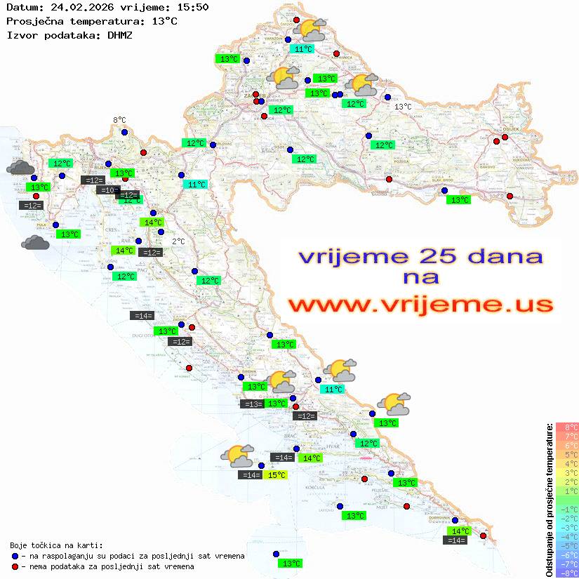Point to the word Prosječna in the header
click(33, 21)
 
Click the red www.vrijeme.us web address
click(420, 305)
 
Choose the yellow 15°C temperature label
click(277, 475)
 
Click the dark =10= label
click(107, 190)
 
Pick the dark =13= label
click(251, 404)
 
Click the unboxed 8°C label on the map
click(119, 121)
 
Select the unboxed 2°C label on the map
click(178, 241)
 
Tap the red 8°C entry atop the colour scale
click(566, 427)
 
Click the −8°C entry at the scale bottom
click(566, 573)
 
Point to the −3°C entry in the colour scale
click(566, 528)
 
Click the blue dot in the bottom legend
click(15, 556)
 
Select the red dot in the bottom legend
click(15, 566)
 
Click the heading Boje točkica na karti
click(56, 545)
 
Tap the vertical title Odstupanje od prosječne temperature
click(549, 500)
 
